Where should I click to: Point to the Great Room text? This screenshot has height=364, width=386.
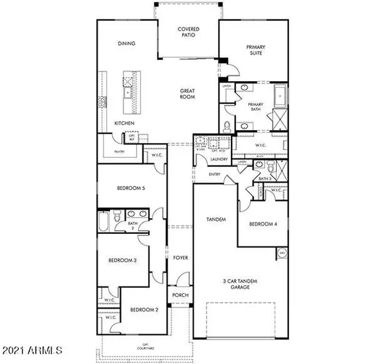point(187,95)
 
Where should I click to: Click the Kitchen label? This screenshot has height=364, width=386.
point(124,123)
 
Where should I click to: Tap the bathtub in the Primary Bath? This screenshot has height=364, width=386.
point(281,96)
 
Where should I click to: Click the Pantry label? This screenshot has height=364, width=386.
point(118,152)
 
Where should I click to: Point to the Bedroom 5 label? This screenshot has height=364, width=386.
point(129,189)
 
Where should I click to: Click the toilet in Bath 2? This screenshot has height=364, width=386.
point(116,220)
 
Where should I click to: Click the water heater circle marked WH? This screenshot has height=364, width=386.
point(282,253)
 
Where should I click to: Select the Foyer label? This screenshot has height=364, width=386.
point(180,258)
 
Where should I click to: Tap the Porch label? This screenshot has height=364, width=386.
point(179,296)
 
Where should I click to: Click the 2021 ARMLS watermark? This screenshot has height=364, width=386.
point(32,351)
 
